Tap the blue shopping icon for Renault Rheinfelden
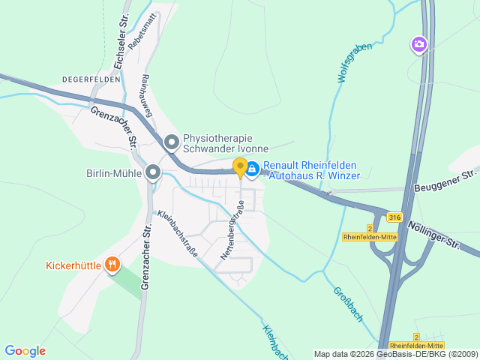tap(253, 170)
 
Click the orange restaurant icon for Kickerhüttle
tap(112, 264)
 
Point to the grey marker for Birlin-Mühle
tap(154, 174)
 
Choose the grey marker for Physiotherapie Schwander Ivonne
tap(172, 142)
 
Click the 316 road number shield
tap(394, 217)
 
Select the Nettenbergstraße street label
tap(232, 230)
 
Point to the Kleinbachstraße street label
tap(178, 234)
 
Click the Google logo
tap(25, 351)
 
